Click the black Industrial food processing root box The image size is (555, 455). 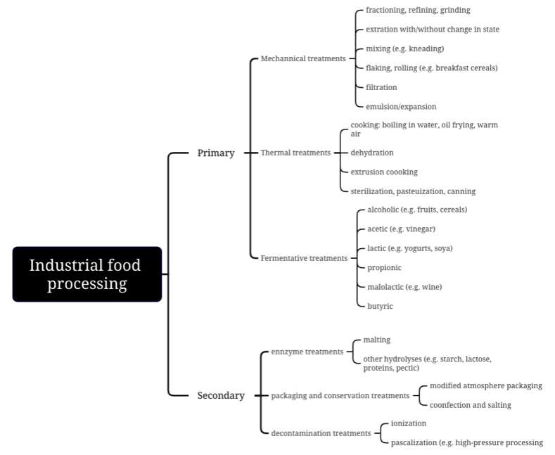(87, 274)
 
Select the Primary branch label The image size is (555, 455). (216, 153)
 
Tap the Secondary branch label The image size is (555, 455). (221, 395)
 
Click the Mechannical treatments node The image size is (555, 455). (303, 58)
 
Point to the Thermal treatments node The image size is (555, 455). (295, 153)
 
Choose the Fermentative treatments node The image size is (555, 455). (304, 258)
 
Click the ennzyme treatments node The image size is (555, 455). (307, 352)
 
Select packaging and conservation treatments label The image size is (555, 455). (340, 396)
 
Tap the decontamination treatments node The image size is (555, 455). (321, 433)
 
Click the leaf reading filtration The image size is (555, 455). (381, 87)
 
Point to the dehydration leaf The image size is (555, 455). (372, 153)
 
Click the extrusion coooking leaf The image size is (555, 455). (384, 172)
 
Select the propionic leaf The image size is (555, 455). (384, 268)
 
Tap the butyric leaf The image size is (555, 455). (380, 306)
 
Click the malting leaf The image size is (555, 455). (376, 340)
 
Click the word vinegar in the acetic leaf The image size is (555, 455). (420, 229)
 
